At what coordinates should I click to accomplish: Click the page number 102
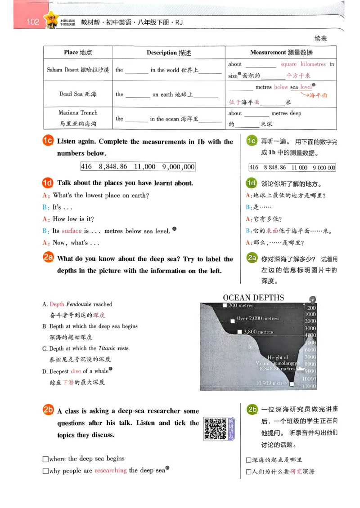[33, 22]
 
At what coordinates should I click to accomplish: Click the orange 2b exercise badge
[48, 410]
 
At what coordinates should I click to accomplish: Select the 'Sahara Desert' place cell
[78, 70]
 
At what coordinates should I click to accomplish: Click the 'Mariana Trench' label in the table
[78, 113]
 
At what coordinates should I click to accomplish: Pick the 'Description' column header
[169, 53]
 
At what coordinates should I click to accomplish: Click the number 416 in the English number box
[86, 167]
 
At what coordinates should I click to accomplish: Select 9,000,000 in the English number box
[178, 167]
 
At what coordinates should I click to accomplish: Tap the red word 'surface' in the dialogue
[72, 231]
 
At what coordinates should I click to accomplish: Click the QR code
[215, 429]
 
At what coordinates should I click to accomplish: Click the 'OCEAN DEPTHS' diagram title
[253, 298]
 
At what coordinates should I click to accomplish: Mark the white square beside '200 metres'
[225, 305]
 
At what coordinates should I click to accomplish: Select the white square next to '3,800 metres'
[239, 332]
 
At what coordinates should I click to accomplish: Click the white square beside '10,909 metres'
[292, 384]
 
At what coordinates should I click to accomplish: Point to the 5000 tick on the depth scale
[310, 343]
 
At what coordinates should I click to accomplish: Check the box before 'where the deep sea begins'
[45, 459]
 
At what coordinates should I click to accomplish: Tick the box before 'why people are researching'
[45, 471]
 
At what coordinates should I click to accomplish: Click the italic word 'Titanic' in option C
[107, 348]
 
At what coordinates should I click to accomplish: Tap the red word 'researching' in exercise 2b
[110, 470]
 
